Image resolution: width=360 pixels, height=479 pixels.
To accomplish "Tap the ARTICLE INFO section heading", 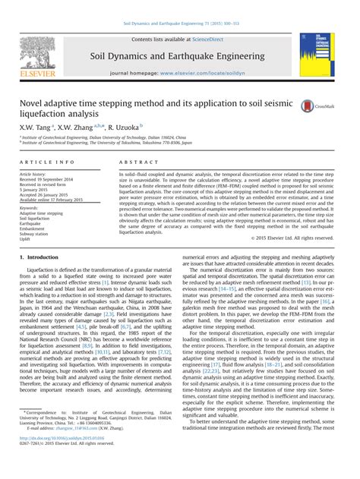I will pyautogui.click(x=47, y=162).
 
